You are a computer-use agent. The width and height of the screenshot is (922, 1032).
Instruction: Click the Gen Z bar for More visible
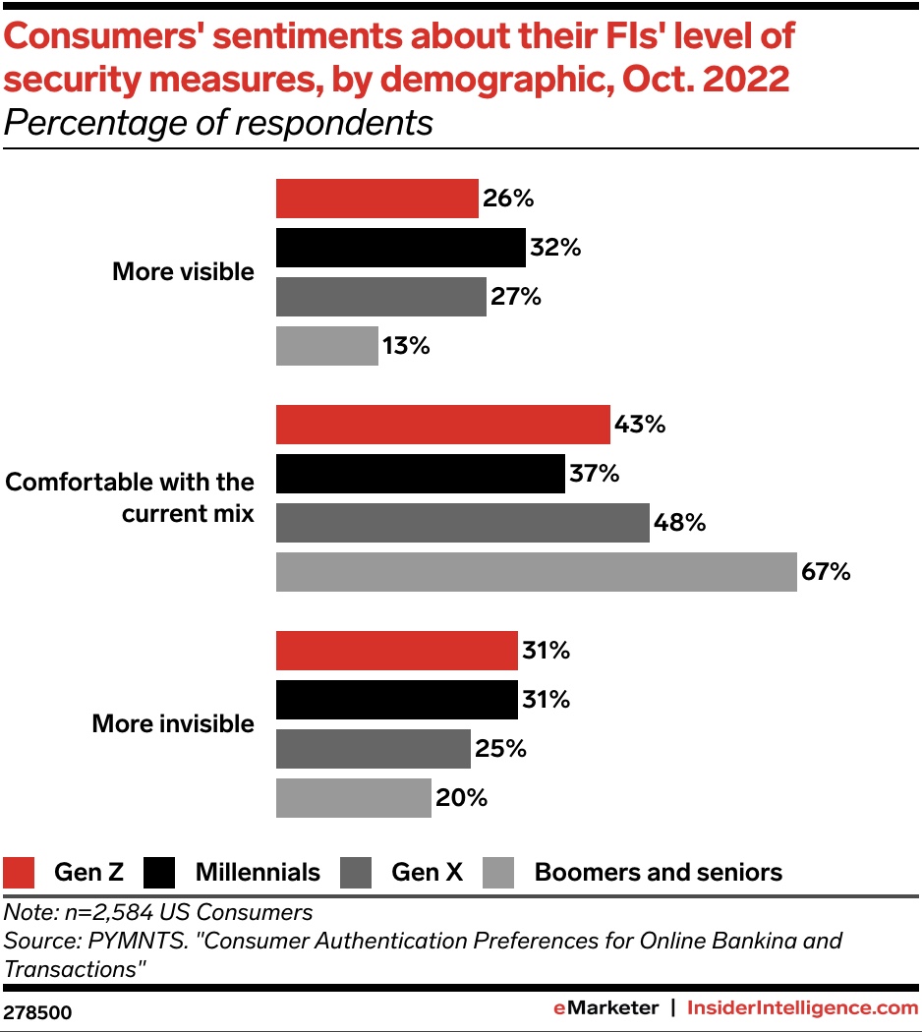[x=376, y=199]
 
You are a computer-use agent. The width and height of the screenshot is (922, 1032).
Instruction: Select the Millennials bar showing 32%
[x=400, y=248]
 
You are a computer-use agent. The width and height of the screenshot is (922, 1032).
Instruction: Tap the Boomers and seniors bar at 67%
[x=536, y=572]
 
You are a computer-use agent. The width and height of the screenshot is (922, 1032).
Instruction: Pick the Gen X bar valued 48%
[x=462, y=523]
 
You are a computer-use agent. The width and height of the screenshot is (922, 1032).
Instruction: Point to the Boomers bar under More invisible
[x=353, y=798]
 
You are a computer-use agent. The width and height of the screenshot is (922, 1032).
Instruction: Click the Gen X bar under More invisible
[x=373, y=749]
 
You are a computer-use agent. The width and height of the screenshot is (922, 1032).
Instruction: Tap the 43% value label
[x=640, y=425]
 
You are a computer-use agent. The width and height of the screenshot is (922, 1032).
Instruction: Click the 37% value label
[x=594, y=474]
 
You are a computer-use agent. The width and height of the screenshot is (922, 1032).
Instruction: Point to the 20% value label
[x=461, y=798]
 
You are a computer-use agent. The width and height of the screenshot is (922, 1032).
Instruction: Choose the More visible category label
[x=183, y=272]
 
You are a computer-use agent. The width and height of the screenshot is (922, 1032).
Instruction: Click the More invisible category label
[x=173, y=724]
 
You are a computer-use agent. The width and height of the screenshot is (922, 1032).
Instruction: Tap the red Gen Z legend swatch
[x=20, y=872]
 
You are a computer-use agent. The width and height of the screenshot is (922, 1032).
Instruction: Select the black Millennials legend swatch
[x=159, y=872]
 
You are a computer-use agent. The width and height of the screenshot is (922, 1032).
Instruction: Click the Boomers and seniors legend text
[x=658, y=872]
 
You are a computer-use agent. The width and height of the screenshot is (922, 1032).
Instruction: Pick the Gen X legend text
[x=427, y=872]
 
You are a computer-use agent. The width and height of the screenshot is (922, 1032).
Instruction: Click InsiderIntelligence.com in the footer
[x=802, y=1007]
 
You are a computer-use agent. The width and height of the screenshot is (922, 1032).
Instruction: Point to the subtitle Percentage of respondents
[x=218, y=124]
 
